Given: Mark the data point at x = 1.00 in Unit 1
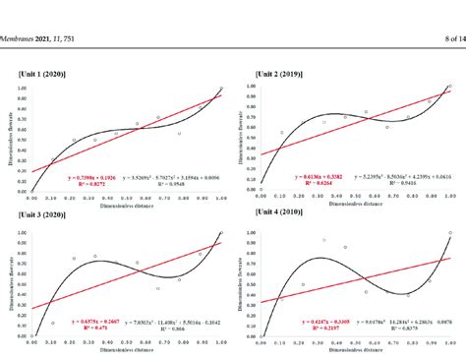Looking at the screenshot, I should (221, 90).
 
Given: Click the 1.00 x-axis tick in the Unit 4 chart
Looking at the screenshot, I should (449, 342).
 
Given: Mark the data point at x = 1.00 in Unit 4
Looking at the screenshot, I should (449, 233).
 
